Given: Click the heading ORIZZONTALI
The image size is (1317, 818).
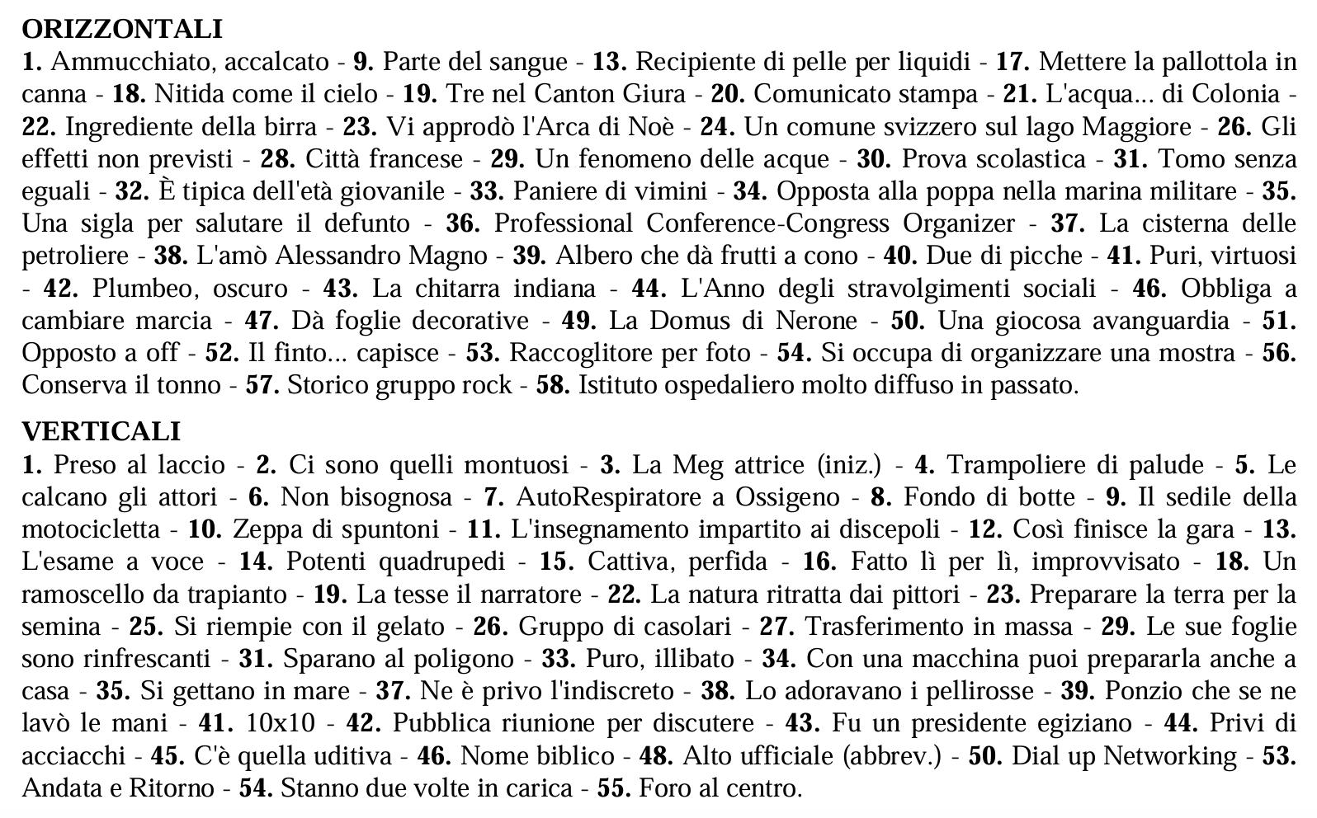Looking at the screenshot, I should (x=122, y=29).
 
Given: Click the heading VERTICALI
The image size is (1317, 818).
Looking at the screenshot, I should (x=101, y=431).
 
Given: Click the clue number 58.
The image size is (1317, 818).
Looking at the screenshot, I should (x=552, y=385).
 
